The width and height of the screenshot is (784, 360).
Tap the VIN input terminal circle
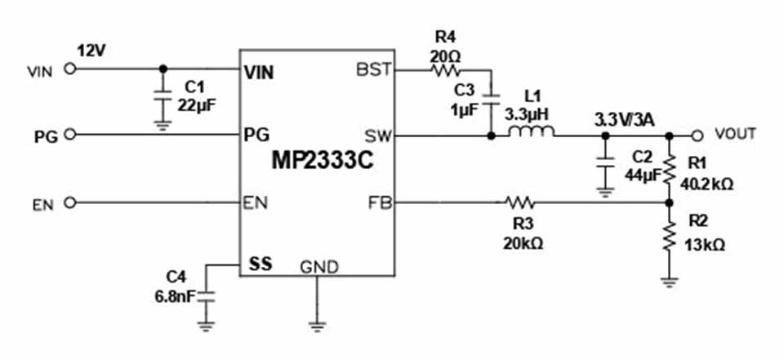click(x=70, y=69)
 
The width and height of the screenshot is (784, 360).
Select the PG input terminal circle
click(x=70, y=135)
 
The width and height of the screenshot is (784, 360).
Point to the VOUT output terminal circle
click(x=697, y=135)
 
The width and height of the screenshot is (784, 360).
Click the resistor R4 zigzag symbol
click(x=443, y=70)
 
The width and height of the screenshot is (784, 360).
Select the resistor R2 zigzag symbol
click(x=669, y=238)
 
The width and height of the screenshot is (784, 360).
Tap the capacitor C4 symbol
click(x=205, y=297)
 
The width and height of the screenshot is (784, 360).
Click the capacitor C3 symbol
click(x=490, y=99)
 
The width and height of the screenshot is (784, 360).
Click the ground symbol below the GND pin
click(x=316, y=325)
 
